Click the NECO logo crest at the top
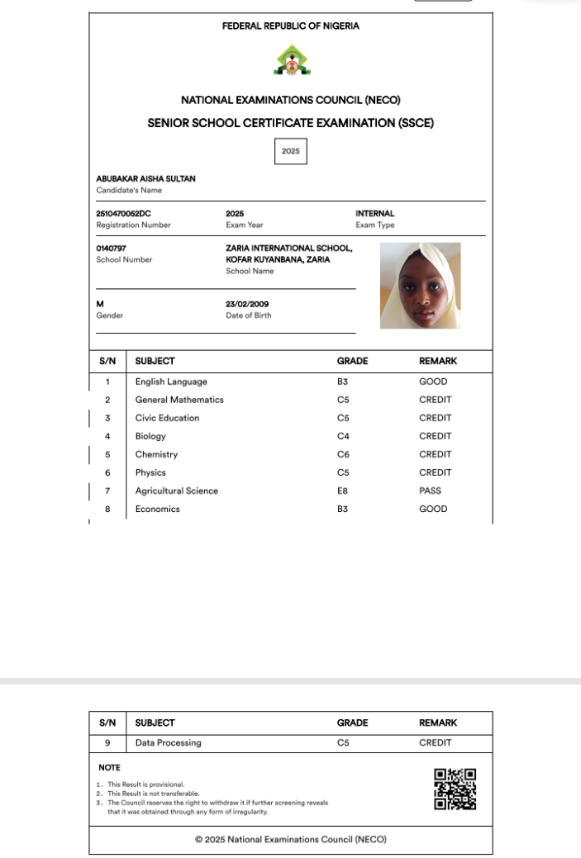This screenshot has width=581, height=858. (x=290, y=60)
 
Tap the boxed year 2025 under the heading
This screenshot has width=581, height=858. (x=290, y=151)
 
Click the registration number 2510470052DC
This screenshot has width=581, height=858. (x=124, y=213)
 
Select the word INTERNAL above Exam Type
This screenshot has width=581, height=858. (x=375, y=213)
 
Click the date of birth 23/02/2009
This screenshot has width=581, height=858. (x=247, y=304)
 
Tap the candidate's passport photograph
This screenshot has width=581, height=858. (x=420, y=286)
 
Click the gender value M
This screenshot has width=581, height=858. (x=100, y=304)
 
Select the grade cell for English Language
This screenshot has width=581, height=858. (x=343, y=382)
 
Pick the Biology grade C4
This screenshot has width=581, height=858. (x=343, y=436)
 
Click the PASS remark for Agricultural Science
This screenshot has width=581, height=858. (x=430, y=491)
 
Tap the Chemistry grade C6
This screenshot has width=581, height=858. (x=343, y=454)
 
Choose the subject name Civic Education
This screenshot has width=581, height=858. (x=167, y=418)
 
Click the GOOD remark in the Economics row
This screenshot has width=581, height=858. (x=433, y=509)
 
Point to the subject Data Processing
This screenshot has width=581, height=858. (x=168, y=742)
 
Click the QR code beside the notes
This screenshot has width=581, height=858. (x=455, y=789)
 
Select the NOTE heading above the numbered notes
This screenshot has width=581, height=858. (x=109, y=767)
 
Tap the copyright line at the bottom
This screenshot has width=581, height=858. (x=291, y=839)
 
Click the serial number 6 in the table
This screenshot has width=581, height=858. (x=107, y=472)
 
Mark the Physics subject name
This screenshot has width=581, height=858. (x=150, y=472)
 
